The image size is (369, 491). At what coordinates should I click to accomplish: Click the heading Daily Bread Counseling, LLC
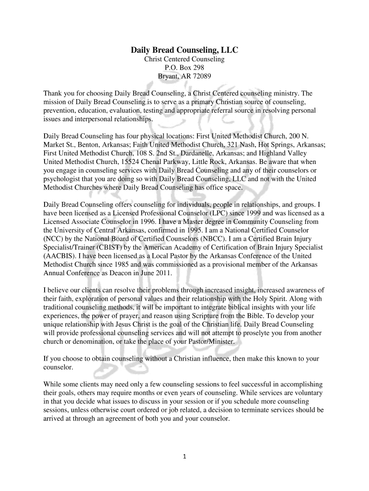(184, 50)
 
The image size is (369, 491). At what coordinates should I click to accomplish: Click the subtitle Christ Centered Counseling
(184, 59)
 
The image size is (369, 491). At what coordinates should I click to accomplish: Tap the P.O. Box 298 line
(184, 68)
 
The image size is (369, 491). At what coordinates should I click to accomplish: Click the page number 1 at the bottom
(184, 456)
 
